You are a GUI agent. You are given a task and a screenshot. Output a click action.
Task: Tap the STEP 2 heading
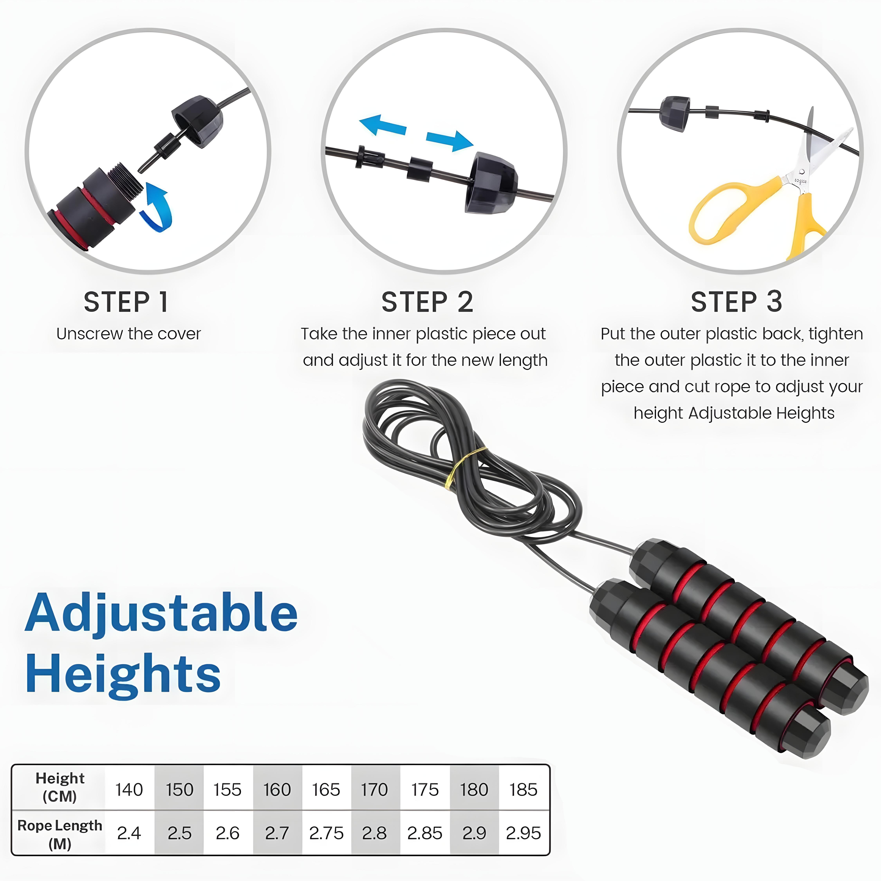pos(427,302)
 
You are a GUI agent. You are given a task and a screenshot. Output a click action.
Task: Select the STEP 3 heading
pos(737,302)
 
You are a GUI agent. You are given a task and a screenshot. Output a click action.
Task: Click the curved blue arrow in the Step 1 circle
pos(157,208)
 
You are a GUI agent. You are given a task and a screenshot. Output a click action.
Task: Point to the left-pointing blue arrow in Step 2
pos(382,125)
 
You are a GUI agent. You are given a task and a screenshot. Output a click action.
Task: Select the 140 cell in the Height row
pos(129,789)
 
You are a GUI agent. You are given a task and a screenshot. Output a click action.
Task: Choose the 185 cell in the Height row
pos(524,789)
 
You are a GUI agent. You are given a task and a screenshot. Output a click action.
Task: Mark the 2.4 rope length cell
pos(129,833)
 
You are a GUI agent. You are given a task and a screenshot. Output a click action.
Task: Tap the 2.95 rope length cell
pos(524,833)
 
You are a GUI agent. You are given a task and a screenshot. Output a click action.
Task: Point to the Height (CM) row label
pos(60,788)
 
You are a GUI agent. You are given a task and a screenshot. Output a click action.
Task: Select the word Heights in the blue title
pos(123,674)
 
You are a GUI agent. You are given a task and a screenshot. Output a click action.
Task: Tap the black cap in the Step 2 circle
pos(490,182)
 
